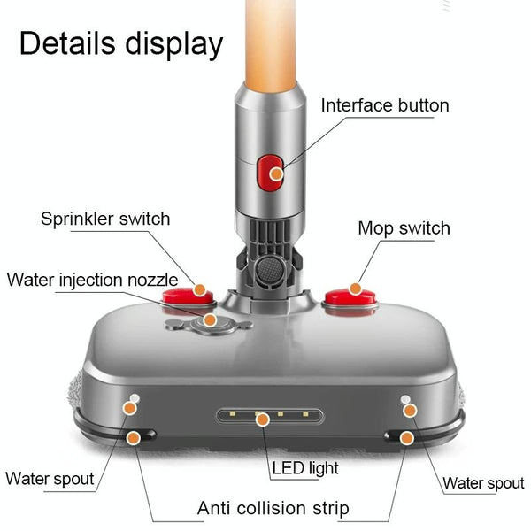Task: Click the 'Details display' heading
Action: click(121, 42)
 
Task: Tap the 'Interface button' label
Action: click(385, 105)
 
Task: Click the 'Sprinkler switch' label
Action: click(105, 219)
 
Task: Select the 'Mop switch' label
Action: click(404, 228)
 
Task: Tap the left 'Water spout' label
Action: click(50, 479)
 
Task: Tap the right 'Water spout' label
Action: click(483, 483)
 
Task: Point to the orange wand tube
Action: click(272, 44)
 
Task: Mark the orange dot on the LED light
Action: click(261, 417)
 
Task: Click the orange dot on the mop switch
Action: click(355, 289)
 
